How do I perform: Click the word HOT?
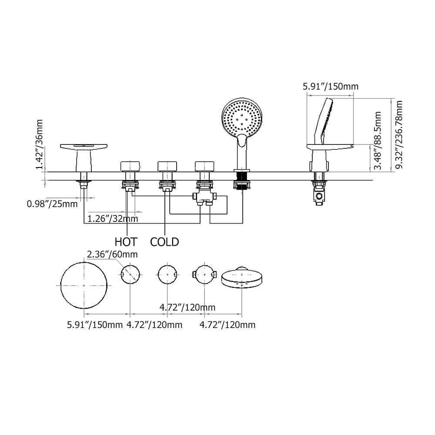click(126, 241)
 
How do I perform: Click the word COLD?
click(164, 241)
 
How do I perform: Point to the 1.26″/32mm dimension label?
click(113, 218)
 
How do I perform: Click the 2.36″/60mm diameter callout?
click(112, 254)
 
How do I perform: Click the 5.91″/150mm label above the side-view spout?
click(331, 86)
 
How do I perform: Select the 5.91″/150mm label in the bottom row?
click(94, 325)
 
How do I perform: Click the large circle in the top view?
click(84, 284)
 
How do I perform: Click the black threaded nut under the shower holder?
click(242, 181)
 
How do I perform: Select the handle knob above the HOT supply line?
click(130, 166)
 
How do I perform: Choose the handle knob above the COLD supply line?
click(168, 166)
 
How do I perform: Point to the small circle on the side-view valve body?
click(320, 197)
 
